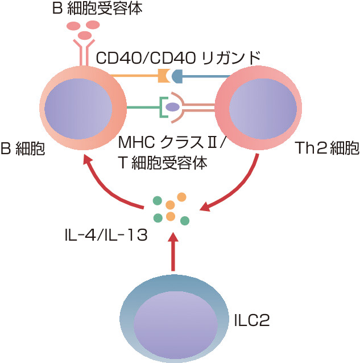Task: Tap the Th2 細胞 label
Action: coord(328,149)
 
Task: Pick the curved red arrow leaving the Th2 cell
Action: coord(239,182)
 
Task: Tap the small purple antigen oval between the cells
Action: coord(173,106)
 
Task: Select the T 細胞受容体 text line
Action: coord(162,162)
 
